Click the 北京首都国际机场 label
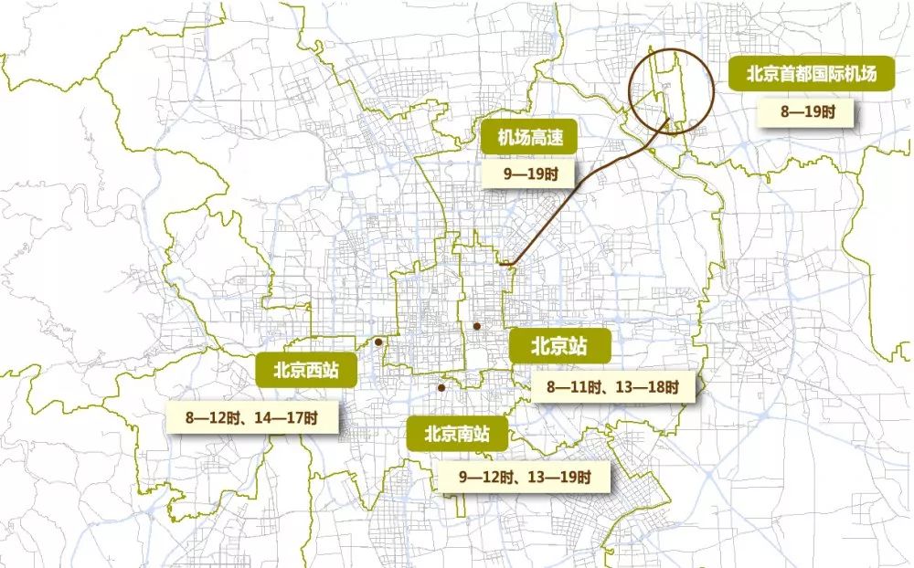tap(811, 75)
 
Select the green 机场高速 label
tap(529, 138)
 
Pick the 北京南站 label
tap(457, 433)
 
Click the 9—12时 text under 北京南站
tap(485, 477)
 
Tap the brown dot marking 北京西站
tap(378, 342)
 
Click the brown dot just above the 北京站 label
tap(477, 326)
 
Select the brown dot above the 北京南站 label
tap(441, 388)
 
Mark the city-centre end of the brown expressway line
tap(505, 265)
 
